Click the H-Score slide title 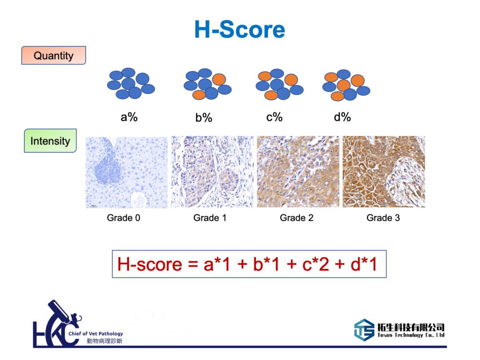coord(240,30)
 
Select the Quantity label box coord(53,55)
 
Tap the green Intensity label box coord(50,141)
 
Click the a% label coord(129,117)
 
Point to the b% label coord(204,117)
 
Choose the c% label coord(274,117)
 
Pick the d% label coord(342,117)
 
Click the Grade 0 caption coord(123,217)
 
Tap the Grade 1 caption coord(210,217)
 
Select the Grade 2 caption coord(297,217)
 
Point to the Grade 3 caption coord(383,217)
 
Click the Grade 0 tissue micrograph coord(127,172)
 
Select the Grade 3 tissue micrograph coord(384,172)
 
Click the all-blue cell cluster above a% coord(131,83)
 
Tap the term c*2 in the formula coord(315,264)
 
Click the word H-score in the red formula coord(150,264)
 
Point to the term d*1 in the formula coord(364,264)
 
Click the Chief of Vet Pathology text coord(96,333)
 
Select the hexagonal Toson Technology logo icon coord(364,330)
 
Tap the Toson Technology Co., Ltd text coord(411,335)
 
